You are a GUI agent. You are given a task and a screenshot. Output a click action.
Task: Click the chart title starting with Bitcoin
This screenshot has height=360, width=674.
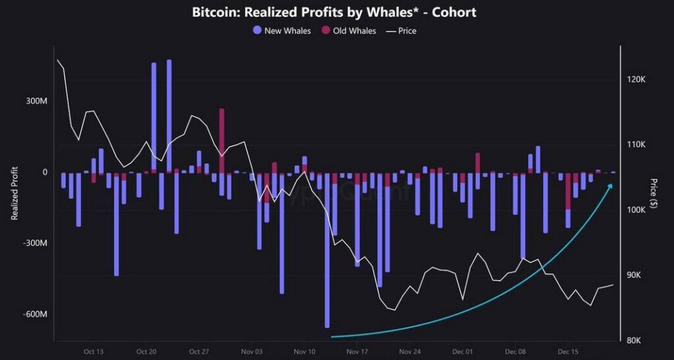pos(334,13)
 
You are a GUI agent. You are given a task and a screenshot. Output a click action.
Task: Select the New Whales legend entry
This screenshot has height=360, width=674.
pos(282,30)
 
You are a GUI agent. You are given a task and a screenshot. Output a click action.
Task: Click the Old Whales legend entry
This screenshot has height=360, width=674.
pos(348,30)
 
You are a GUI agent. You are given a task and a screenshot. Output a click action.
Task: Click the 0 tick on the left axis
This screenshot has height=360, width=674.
pos(45,172)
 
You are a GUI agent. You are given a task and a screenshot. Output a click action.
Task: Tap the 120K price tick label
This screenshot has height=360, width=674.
pos(636,79)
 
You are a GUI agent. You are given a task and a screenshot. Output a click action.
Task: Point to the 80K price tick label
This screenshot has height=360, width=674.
pos(636,340)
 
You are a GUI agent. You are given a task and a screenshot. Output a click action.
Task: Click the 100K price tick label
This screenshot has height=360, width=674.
pos(636,210)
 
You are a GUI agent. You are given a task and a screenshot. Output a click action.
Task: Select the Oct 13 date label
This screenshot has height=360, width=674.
pos(93,351)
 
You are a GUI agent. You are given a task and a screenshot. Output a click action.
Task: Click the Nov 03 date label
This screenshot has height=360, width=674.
pos(251,351)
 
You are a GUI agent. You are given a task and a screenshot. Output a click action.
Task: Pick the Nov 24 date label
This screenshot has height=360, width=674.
pos(410,351)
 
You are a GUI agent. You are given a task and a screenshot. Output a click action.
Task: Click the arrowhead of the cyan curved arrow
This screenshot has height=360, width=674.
pos(610,186)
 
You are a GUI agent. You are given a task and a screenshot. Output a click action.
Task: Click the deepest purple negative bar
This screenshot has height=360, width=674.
pos(327,250)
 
